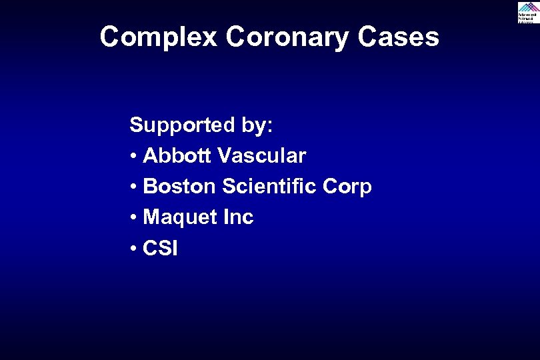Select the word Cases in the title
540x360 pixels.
398,37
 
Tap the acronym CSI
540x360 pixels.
161,249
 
